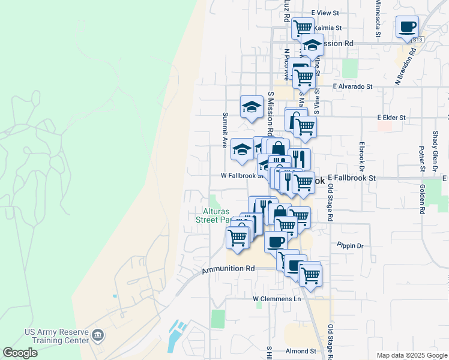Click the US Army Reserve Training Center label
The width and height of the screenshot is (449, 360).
point(56,336)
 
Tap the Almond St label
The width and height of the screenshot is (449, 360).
point(301,351)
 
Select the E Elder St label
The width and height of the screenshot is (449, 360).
point(391,118)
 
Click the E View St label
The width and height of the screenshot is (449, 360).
point(325,13)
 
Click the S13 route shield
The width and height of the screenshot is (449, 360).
point(418,40)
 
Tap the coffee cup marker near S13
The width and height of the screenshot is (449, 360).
point(407,27)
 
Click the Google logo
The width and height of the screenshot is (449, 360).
point(20,353)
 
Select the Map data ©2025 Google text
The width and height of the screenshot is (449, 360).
point(412,355)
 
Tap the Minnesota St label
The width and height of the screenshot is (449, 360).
point(378,18)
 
